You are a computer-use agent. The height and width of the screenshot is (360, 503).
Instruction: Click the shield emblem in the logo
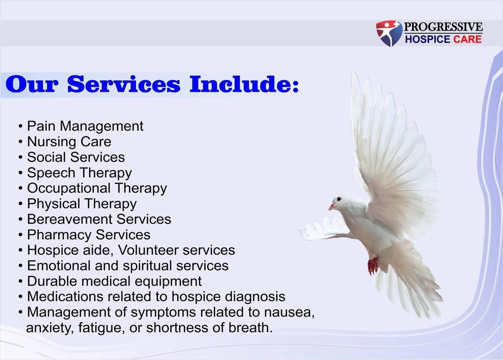click(x=389, y=33)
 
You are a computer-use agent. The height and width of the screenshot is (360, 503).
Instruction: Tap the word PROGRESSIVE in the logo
click(x=443, y=27)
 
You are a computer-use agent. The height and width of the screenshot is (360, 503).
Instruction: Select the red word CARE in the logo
click(x=467, y=39)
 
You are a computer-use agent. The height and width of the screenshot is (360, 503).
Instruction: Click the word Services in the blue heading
click(x=123, y=84)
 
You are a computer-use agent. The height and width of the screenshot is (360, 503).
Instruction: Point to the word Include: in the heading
click(x=244, y=84)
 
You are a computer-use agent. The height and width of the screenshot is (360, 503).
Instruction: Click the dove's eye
click(x=339, y=199)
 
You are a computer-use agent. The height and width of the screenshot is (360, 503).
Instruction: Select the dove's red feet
click(x=373, y=266)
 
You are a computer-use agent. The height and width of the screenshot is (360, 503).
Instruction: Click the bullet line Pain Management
click(x=85, y=126)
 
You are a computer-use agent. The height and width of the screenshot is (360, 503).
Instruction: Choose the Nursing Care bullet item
click(x=69, y=141)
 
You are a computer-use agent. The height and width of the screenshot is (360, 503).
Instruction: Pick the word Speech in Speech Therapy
click(x=51, y=173)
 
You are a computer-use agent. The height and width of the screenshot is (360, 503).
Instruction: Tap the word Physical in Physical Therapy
click(x=53, y=204)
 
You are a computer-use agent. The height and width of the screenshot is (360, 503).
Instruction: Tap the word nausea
click(x=288, y=312)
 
